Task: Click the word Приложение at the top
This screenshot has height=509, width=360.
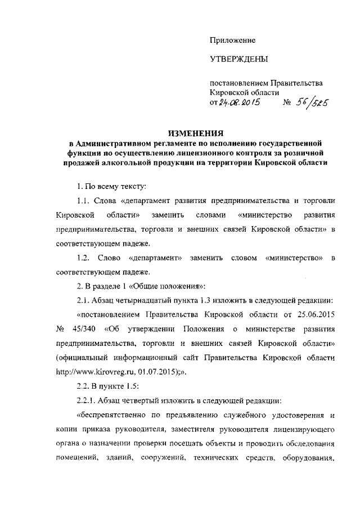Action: click(232, 40)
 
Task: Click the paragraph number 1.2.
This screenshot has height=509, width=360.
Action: click(83, 258)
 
